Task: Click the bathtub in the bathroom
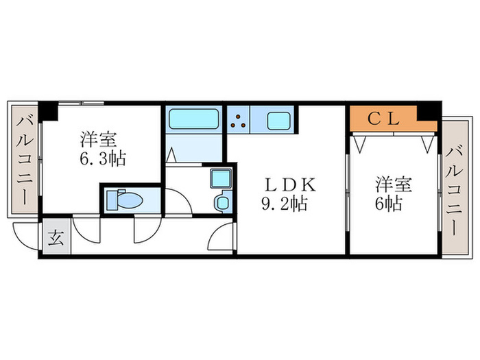pos(193,121)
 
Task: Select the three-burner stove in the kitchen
pos(239,121)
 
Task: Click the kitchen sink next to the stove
pos(278,121)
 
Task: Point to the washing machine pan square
pos(220,180)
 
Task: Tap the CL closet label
pos(383,119)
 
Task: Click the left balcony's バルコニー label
pos(25,161)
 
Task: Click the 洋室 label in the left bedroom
pos(96,139)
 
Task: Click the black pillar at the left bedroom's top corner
pos(47,110)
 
